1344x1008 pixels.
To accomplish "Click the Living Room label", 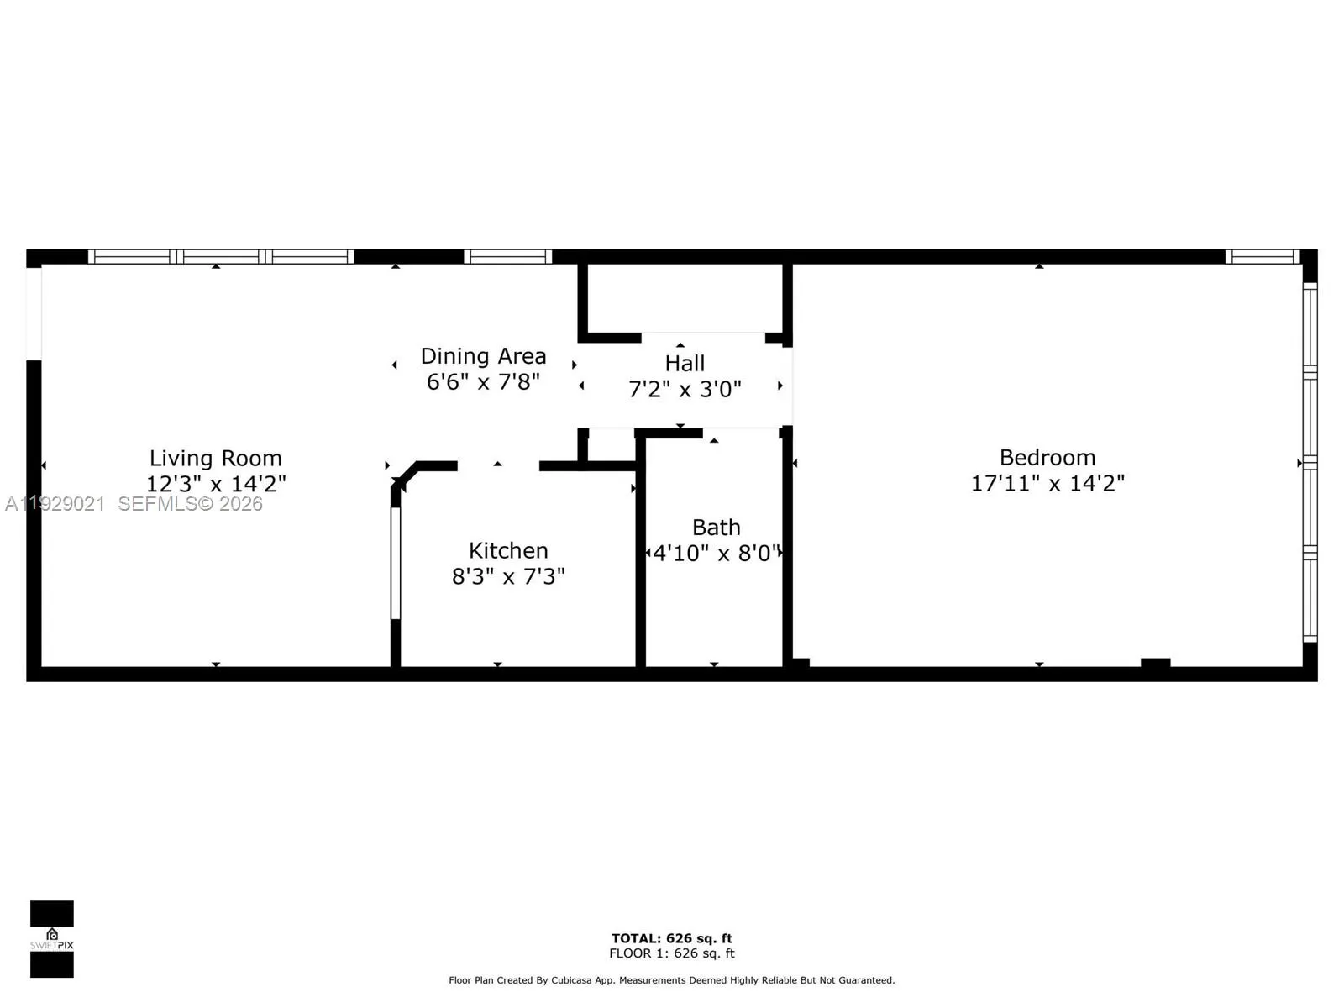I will tap(216, 458).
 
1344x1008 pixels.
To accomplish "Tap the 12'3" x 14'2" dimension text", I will tap(216, 484).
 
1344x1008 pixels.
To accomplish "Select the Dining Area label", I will tap(483, 356).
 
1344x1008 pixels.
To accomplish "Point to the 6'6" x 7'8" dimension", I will tap(483, 382).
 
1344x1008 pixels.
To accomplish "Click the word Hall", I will tap(685, 364).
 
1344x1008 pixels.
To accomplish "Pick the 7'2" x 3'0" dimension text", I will tap(685, 389).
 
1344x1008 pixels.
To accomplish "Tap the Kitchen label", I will tap(508, 550).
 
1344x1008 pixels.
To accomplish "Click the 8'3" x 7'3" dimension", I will tap(508, 576).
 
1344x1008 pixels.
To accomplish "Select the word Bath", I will tap(716, 528).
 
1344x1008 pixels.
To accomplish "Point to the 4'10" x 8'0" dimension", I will tap(716, 554).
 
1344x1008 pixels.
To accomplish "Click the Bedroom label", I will tap(1047, 458).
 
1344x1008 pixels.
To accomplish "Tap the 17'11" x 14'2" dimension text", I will tap(1047, 483).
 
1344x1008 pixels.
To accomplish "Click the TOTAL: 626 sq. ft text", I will tap(671, 938).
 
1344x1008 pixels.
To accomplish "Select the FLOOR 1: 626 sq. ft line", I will tap(671, 953).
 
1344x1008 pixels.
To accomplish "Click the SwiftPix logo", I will tap(52, 939).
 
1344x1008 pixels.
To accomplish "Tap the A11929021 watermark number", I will tap(55, 504).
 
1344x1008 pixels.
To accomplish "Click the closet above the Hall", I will tap(685, 298).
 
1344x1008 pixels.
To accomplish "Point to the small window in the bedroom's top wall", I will tap(1263, 257).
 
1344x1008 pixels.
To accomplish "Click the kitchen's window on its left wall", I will tap(396, 563).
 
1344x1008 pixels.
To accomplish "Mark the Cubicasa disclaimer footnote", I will tap(671, 980).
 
